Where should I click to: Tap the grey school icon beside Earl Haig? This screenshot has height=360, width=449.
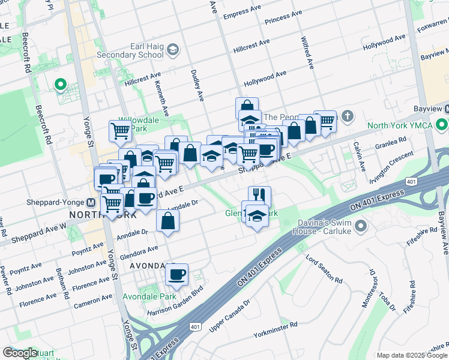[173, 49]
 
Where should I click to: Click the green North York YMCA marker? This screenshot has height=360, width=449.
[442, 125]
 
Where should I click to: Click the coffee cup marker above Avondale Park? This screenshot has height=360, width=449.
[176, 275]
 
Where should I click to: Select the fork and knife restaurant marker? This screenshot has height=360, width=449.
[259, 195]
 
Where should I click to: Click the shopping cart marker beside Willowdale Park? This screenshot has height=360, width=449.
[120, 130]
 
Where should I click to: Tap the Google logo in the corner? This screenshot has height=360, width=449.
[20, 353]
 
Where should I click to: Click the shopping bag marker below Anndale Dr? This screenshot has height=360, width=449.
[167, 220]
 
